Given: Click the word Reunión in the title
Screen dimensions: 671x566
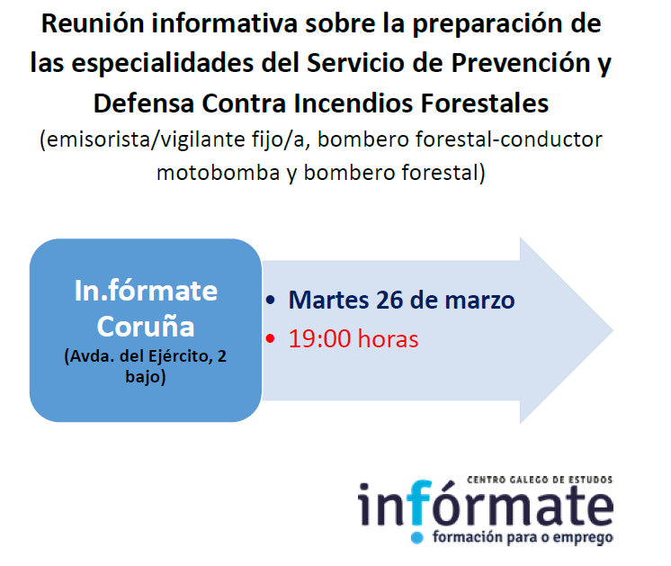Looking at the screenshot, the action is click(93, 23).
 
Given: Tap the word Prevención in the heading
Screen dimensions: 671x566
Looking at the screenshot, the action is click(521, 63).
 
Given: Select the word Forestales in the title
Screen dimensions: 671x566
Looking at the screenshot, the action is click(485, 103).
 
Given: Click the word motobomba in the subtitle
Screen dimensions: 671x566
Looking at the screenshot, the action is click(219, 173).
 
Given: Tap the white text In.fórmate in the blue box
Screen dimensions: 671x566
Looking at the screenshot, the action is click(146, 291).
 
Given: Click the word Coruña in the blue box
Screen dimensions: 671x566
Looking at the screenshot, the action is click(146, 327).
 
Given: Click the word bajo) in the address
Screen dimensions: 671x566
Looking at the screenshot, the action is click(146, 377).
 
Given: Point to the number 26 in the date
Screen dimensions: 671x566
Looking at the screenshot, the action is click(389, 300).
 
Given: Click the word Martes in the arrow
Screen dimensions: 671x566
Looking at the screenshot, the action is click(328, 300).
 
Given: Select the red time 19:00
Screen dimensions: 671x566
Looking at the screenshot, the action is click(319, 338).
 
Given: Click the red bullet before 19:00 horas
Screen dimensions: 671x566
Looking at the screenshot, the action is click(270, 338).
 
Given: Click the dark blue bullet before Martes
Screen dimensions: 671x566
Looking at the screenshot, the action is click(270, 300).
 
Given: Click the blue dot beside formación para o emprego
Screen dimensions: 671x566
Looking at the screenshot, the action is click(416, 538).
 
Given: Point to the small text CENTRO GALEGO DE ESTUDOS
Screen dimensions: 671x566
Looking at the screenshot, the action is click(540, 480).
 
